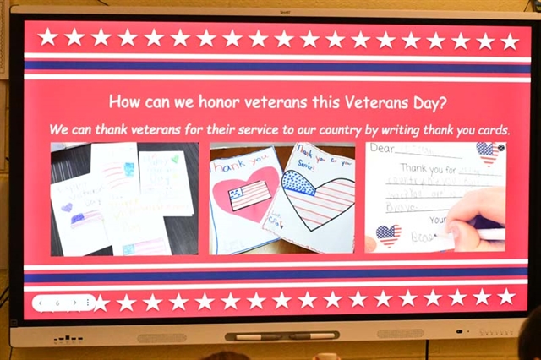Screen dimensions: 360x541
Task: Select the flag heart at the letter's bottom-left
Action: (x=388, y=235)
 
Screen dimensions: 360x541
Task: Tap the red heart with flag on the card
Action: (x=244, y=191)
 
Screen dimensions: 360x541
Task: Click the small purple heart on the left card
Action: (x=67, y=206)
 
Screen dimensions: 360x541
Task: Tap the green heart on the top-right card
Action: (x=174, y=158)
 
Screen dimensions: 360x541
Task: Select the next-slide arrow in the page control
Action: (x=74, y=302)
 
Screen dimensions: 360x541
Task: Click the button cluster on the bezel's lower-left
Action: (x=68, y=338)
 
